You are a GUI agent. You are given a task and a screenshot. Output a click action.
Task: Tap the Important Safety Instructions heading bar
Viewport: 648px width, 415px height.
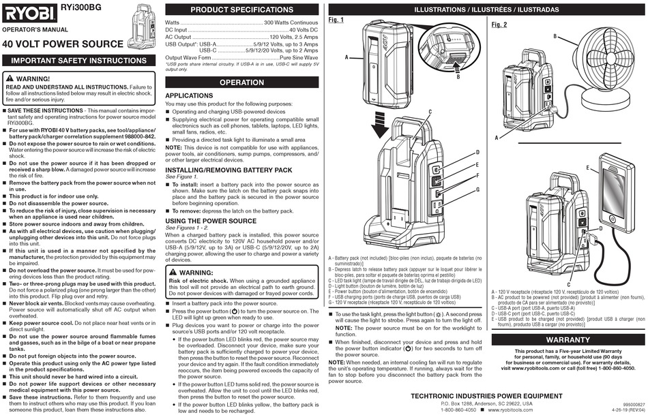point(79,61)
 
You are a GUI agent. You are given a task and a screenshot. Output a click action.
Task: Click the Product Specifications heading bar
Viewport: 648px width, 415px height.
point(241,10)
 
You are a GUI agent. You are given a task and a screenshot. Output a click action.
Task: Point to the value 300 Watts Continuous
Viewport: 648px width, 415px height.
point(291,22)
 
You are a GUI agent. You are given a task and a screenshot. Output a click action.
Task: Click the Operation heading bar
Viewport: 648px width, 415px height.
point(241,82)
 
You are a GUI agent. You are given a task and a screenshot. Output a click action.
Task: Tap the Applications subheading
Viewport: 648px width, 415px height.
point(189,95)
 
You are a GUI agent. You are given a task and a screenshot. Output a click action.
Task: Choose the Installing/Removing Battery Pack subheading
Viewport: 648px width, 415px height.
point(229,170)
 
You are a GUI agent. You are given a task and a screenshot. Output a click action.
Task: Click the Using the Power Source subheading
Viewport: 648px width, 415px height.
point(211,221)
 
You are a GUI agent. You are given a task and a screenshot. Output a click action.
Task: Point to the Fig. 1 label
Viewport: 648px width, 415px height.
point(336,20)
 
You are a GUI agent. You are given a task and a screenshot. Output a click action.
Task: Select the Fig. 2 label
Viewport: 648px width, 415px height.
point(499,25)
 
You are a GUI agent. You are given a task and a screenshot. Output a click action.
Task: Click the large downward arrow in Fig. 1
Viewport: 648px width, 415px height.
point(379,126)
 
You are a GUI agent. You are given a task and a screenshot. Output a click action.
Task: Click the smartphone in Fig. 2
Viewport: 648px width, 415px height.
point(616,191)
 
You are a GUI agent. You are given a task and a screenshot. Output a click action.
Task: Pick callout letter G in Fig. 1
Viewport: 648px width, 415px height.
point(478,189)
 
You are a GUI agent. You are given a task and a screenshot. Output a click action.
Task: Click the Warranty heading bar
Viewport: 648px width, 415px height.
point(568,339)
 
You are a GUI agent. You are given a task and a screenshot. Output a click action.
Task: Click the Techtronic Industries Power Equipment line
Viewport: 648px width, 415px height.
point(486,396)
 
